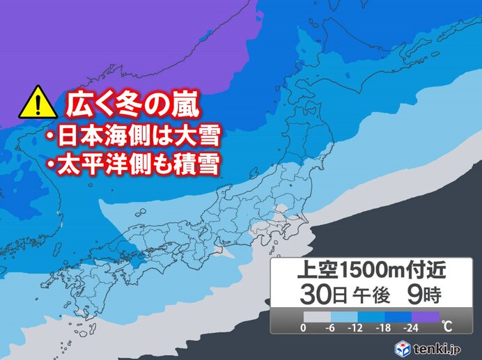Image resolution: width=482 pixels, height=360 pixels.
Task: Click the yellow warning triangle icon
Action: point(38,104)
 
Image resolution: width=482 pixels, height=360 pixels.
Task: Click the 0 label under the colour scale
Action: point(303,327)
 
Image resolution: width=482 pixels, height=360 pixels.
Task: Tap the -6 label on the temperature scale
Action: point(332,327)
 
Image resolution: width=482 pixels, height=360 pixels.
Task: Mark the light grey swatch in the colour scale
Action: point(318,316)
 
